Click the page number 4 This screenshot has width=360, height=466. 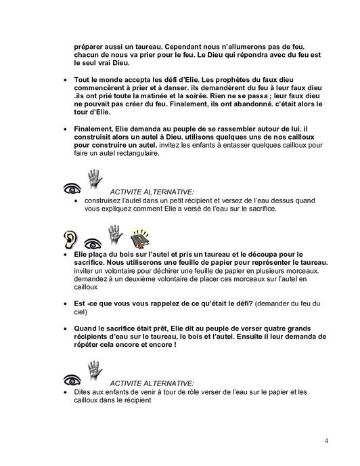click(x=327, y=442)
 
